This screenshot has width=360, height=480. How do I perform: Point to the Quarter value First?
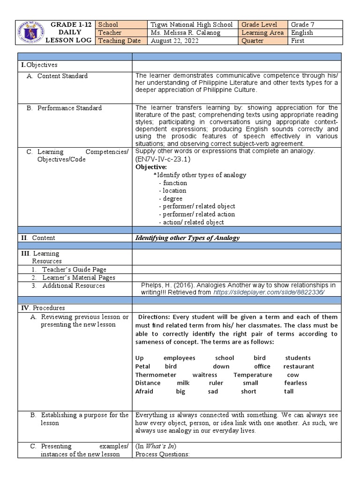pos(298,41)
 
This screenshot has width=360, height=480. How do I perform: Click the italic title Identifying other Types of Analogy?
pos(187,238)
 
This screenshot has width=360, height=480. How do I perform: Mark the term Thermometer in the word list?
pos(156,375)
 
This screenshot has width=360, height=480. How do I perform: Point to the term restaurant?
pos(299,367)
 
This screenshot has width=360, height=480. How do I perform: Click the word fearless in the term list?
pos(296,383)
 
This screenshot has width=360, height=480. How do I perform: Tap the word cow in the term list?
pos(293,375)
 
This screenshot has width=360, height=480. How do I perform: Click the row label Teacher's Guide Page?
pos(74,270)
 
